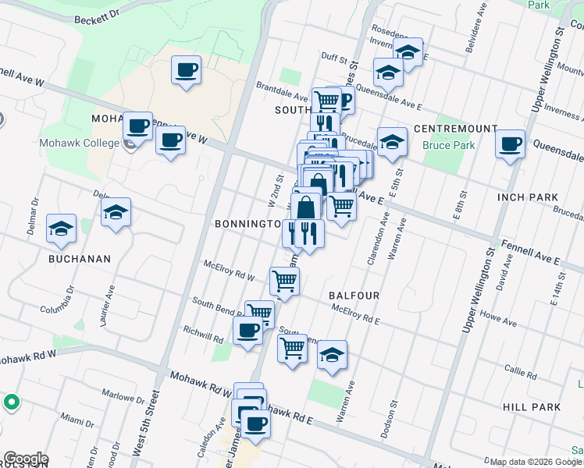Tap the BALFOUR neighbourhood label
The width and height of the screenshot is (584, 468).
[354, 296]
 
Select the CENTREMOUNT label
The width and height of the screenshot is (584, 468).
[455, 128]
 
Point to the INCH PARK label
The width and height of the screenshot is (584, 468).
[529, 197]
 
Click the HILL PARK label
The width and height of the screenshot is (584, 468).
[532, 407]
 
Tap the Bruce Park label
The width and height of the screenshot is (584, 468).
[443, 145]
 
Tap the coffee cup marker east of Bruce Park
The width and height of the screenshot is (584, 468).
[510, 144]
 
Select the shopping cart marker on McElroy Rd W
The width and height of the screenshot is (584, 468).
[284, 279]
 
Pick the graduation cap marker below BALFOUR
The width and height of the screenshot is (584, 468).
[332, 355]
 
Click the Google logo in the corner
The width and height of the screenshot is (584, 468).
[26, 459]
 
